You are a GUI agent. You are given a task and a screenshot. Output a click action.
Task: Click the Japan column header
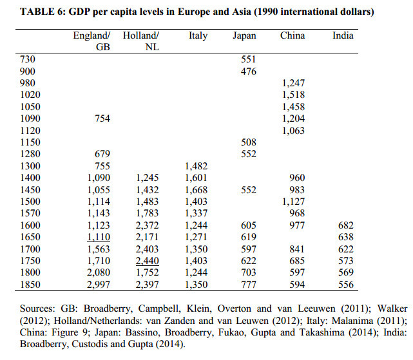pyautogui.click(x=244, y=35)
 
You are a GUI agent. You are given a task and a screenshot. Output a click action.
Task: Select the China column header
pyautogui.click(x=293, y=35)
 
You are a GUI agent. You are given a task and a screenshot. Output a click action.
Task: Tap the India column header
pyautogui.click(x=343, y=35)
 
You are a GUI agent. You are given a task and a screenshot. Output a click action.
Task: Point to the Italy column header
pyautogui.click(x=198, y=35)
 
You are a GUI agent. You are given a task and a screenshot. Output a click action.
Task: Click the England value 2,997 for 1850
pyautogui.click(x=97, y=284)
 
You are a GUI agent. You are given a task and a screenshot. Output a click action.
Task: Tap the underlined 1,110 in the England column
pyautogui.click(x=97, y=237)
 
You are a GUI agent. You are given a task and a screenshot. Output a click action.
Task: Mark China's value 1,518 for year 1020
pyautogui.click(x=293, y=95)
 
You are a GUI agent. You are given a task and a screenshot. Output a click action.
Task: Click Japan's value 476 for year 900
pyautogui.click(x=248, y=71)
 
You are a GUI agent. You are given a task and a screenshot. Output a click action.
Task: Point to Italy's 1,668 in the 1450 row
pyautogui.click(x=197, y=189)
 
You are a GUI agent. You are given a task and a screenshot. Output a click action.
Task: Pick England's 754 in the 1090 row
pyautogui.click(x=102, y=118)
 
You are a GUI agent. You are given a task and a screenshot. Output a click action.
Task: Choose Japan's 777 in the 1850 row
pyautogui.click(x=248, y=284)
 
